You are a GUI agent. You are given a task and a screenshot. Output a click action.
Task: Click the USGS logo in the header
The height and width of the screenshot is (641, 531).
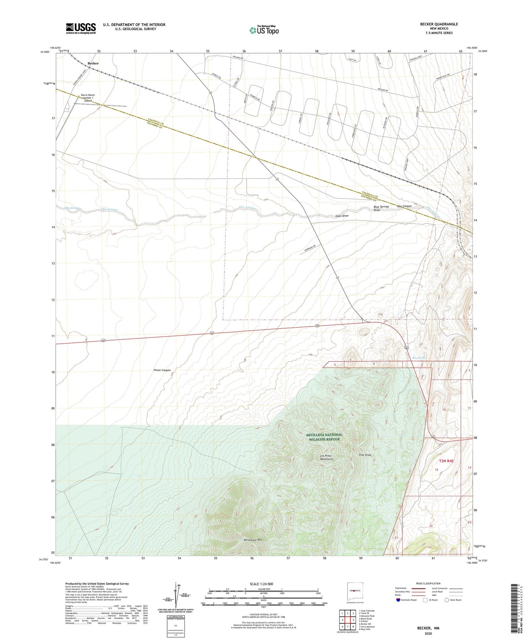click(x=81, y=28)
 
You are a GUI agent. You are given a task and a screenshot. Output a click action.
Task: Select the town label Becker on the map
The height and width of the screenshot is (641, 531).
click(x=93, y=63)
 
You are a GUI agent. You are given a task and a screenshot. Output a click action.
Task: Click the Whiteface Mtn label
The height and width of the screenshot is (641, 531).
click(x=253, y=540)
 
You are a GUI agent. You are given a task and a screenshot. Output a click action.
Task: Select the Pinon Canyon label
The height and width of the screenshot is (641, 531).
click(x=162, y=370)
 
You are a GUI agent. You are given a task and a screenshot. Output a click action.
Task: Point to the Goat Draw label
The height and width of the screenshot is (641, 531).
click(x=342, y=216)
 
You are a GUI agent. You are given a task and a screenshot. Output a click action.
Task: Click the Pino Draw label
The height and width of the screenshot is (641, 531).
click(x=365, y=455)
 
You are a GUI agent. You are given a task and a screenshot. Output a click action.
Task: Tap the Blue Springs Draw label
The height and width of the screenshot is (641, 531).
click(x=381, y=209)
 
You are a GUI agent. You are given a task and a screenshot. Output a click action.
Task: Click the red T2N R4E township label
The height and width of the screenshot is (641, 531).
click(x=446, y=461)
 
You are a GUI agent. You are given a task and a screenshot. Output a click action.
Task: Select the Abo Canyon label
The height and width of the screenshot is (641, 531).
click(x=404, y=206)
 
